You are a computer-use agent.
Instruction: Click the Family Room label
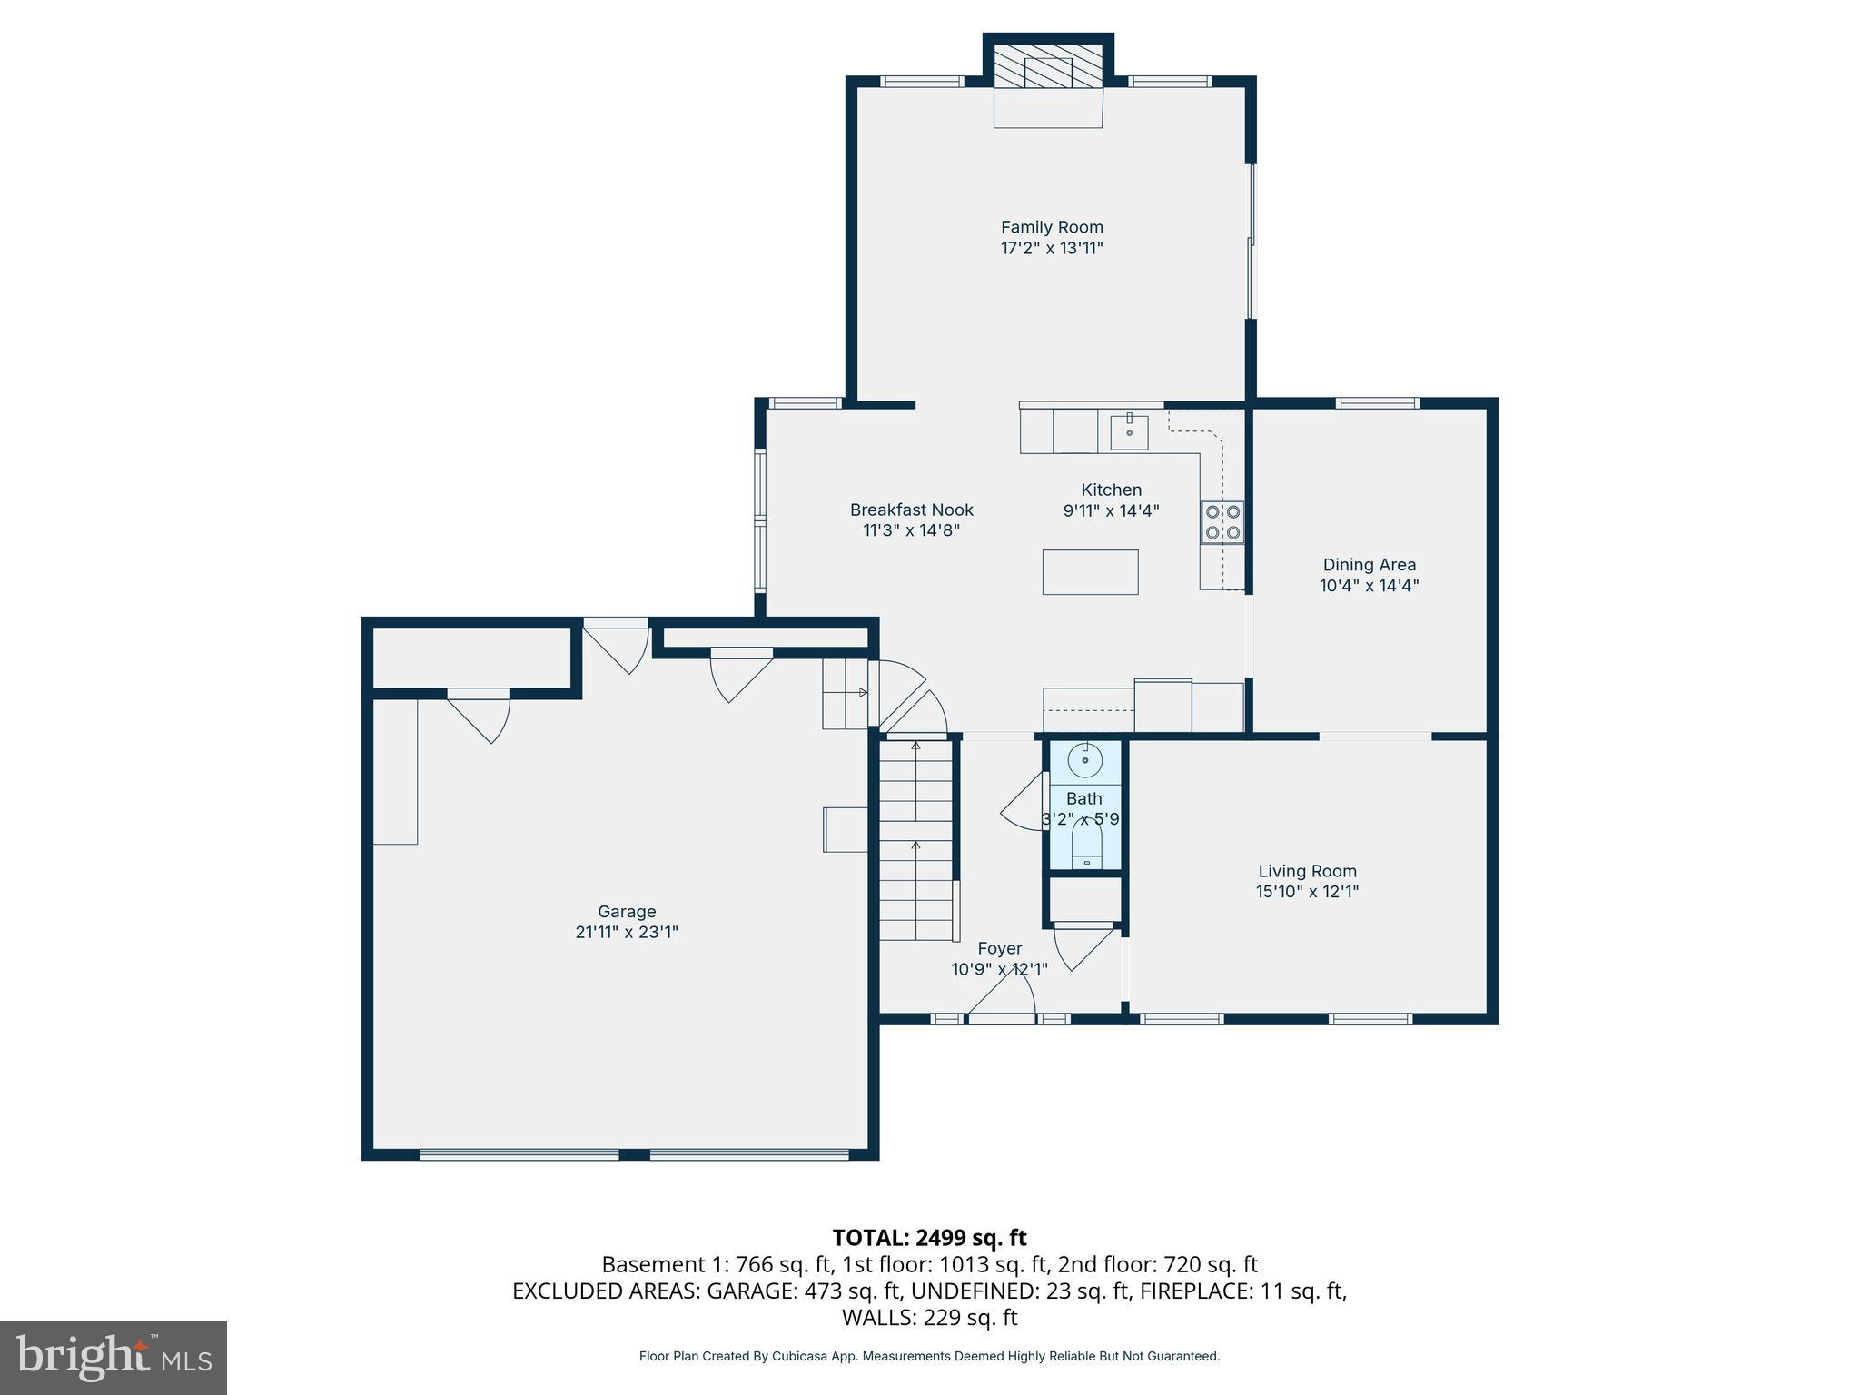click(1052, 227)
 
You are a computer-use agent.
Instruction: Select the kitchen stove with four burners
click(1222, 522)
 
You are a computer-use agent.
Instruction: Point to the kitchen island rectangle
click(1090, 572)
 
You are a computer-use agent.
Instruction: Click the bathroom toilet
click(1086, 846)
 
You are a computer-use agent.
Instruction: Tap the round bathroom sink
click(1084, 759)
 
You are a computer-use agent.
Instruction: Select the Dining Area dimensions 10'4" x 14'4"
click(1369, 586)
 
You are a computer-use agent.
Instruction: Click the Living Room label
click(1307, 871)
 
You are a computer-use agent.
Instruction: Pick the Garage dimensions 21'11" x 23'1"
click(627, 932)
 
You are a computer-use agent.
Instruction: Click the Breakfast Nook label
click(911, 510)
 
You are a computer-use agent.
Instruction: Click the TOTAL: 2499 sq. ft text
click(929, 1238)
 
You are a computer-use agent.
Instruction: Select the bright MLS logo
click(114, 1357)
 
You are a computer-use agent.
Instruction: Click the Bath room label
click(1083, 798)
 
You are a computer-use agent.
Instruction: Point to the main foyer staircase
click(915, 840)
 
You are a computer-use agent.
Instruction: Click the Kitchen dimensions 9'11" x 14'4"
click(1111, 511)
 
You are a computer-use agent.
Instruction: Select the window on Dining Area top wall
click(1377, 403)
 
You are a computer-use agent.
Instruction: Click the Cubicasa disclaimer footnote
click(929, 1356)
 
